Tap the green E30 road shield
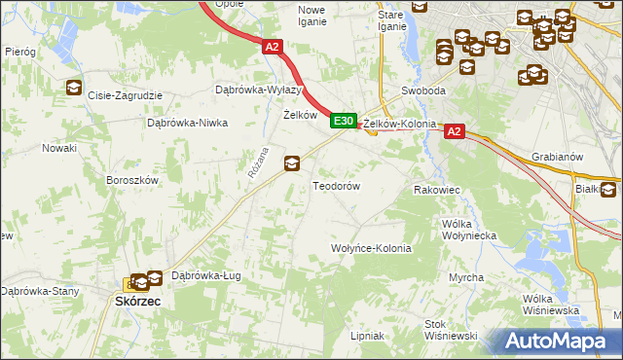click(x=341, y=121)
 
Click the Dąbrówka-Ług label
click(x=205, y=275)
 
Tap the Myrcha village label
click(x=466, y=277)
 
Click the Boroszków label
click(x=131, y=180)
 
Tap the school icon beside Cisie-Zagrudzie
click(x=73, y=89)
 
